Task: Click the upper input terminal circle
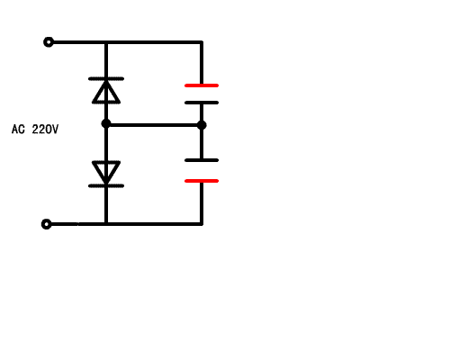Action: (x=49, y=42)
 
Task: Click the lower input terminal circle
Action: (x=46, y=224)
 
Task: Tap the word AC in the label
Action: (x=18, y=130)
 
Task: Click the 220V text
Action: (x=45, y=130)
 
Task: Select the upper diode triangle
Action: (x=106, y=92)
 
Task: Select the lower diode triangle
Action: (x=106, y=172)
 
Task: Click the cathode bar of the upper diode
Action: (x=106, y=78)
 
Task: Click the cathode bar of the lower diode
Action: (x=106, y=186)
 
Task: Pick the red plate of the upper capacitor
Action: (x=202, y=85)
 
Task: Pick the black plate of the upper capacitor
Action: (x=202, y=103)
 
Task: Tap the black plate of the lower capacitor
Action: (x=202, y=160)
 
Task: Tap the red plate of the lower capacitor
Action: (x=202, y=181)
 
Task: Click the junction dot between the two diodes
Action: (x=106, y=123)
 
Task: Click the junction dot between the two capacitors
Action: (x=202, y=125)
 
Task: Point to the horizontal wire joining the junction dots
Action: (x=154, y=125)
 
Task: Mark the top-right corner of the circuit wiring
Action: (x=202, y=42)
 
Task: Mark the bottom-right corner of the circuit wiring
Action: (x=202, y=224)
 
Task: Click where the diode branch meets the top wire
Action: (x=106, y=42)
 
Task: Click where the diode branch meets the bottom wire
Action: (x=106, y=224)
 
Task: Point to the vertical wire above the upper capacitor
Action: (x=202, y=63)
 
